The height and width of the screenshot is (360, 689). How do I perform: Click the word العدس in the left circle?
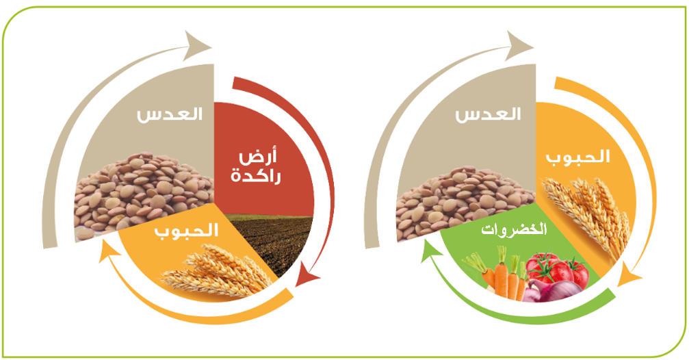pos(170,114)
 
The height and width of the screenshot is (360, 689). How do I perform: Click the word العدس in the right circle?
pos(488,114)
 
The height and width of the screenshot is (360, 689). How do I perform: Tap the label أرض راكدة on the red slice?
pos(256,167)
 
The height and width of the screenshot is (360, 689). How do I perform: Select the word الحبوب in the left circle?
pos(186,231)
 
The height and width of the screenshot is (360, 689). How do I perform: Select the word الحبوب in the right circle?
pos(578,157)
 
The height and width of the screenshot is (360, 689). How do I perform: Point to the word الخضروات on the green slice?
pos(514,229)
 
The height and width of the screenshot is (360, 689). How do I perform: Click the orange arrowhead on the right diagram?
pos(629,276)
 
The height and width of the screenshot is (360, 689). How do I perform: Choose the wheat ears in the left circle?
pos(218,270)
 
